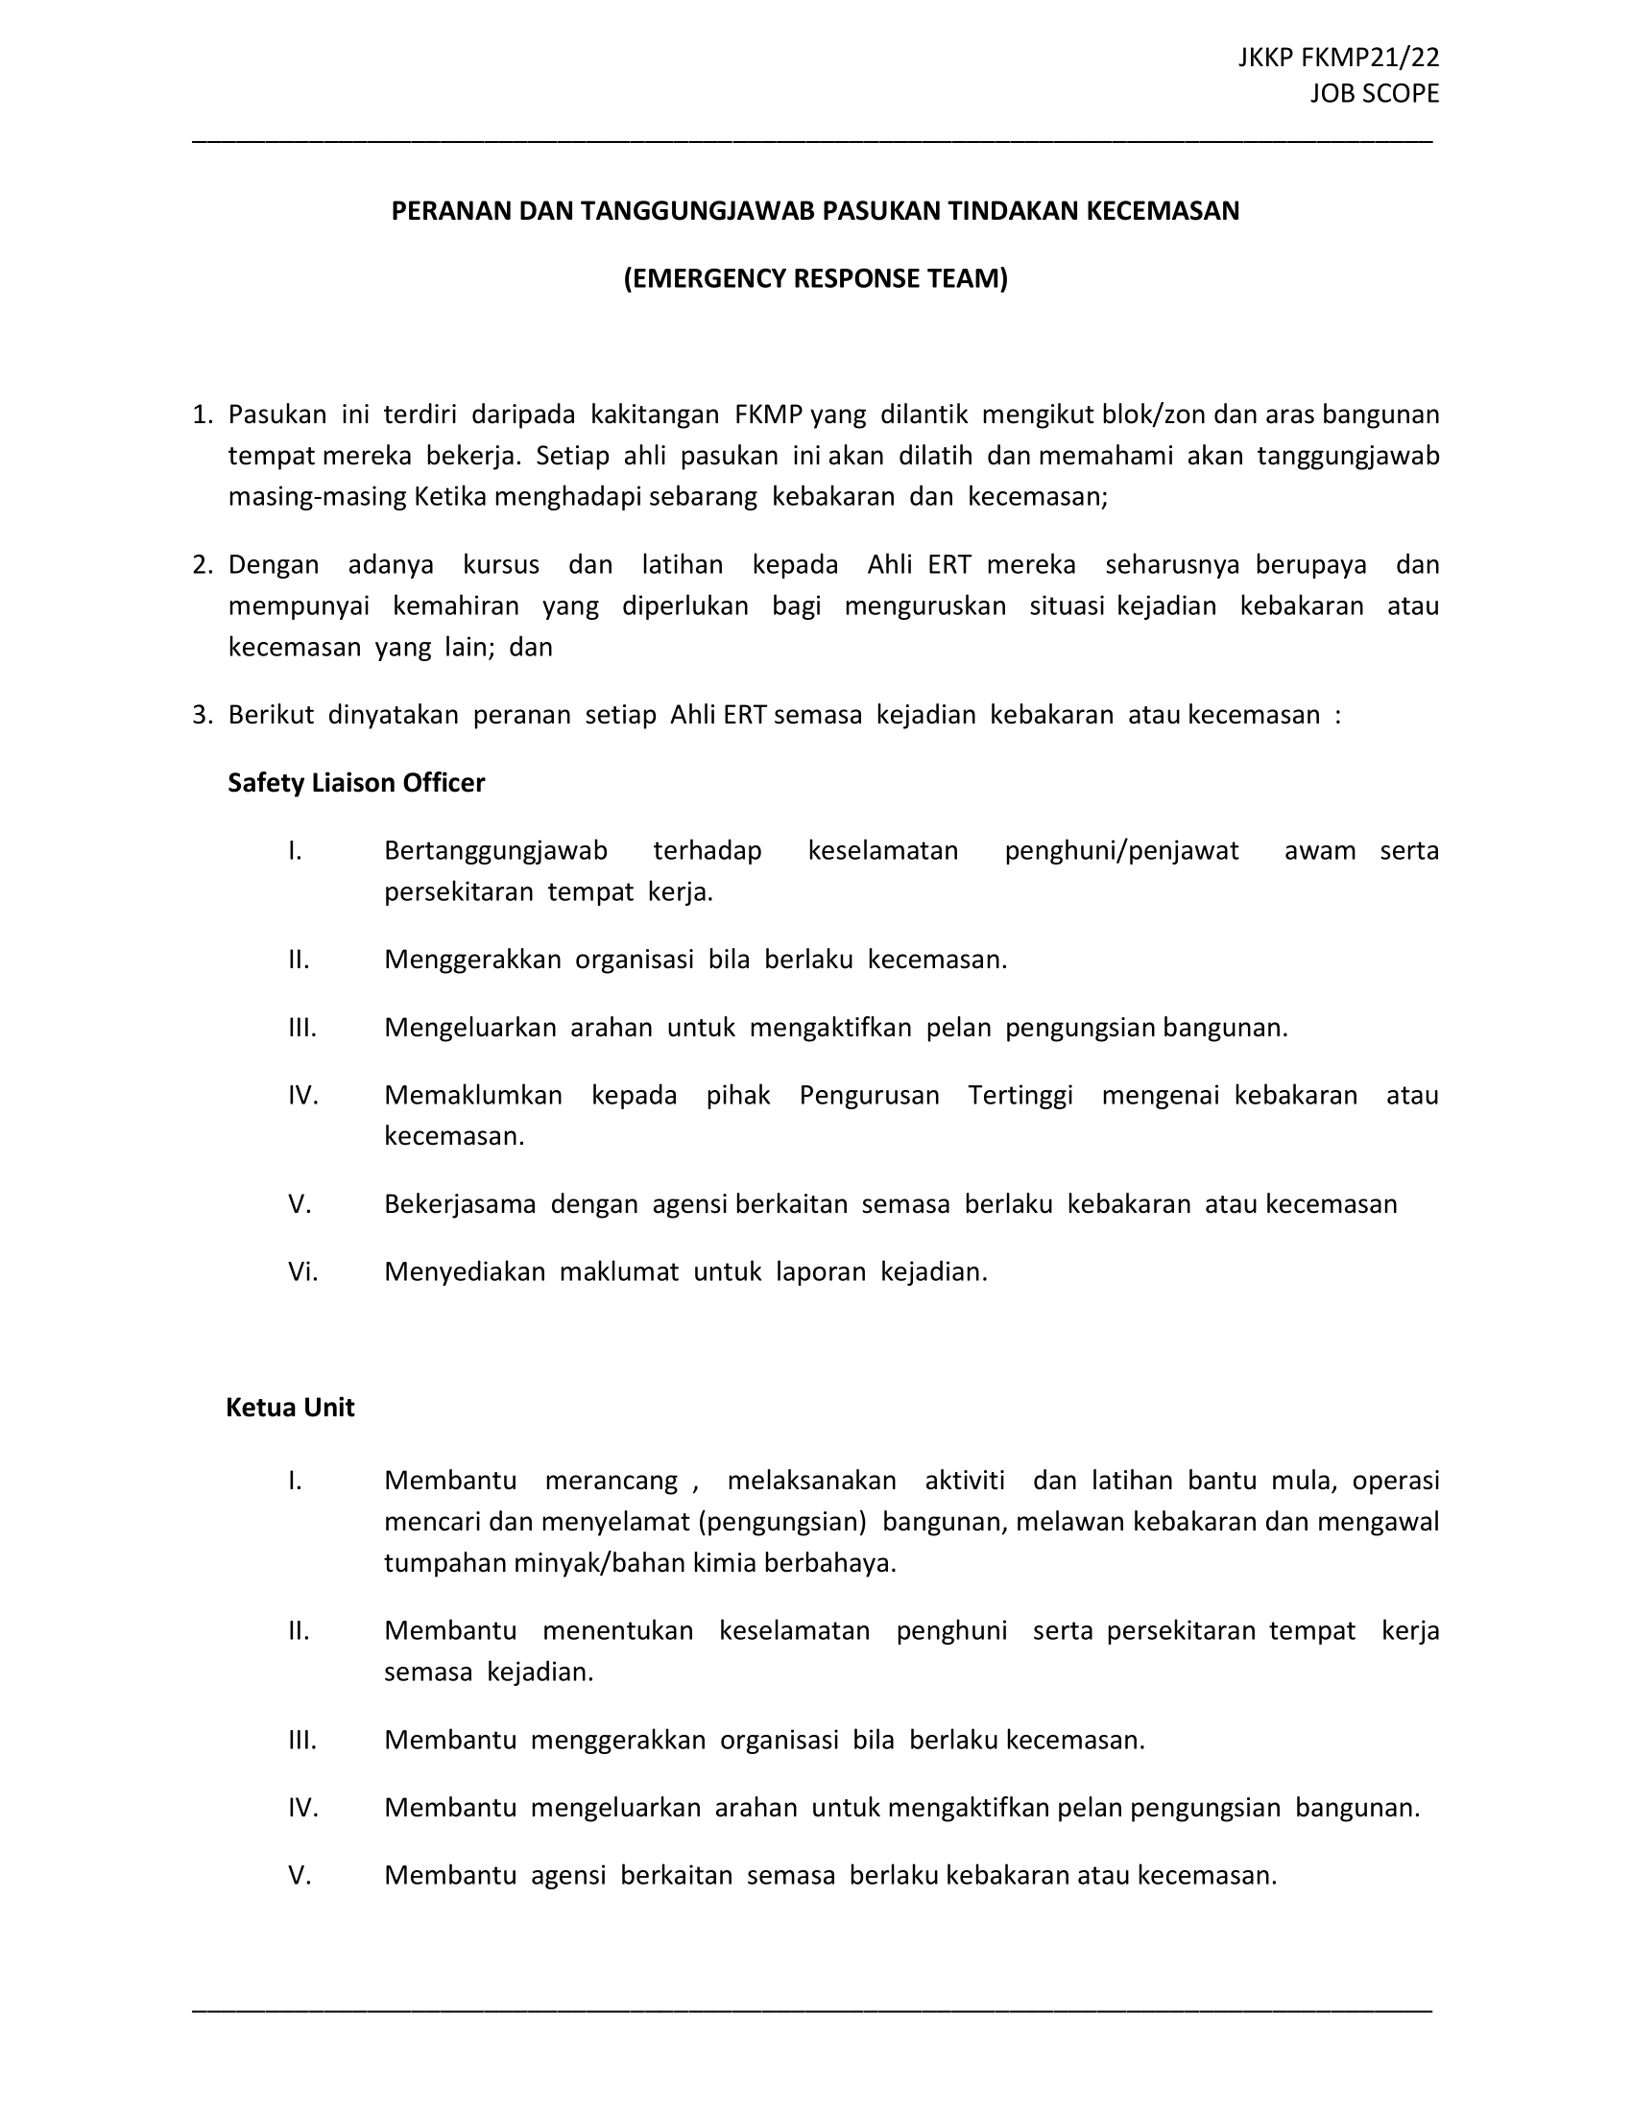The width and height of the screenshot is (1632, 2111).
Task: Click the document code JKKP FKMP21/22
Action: pyautogui.click(x=1338, y=58)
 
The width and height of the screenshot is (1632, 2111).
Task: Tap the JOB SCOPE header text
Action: pyautogui.click(x=1375, y=94)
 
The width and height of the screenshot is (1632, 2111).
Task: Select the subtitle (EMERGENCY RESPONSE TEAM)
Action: pyautogui.click(x=815, y=278)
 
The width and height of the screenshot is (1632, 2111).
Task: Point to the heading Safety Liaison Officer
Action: pyautogui.click(x=356, y=783)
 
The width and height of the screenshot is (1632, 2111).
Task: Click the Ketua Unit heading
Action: pyautogui.click(x=290, y=1408)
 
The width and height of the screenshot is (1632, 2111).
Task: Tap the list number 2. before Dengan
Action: pyautogui.click(x=202, y=565)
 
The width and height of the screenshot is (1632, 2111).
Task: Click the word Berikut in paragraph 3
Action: pyautogui.click(x=271, y=715)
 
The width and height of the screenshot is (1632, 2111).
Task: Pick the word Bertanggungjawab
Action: pyautogui.click(x=495, y=850)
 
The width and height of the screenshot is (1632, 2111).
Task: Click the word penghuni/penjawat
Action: pyautogui.click(x=1121, y=850)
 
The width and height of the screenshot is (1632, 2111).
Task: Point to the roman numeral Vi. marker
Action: pyautogui.click(x=302, y=1272)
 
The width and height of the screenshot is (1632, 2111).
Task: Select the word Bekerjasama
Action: pyautogui.click(x=460, y=1204)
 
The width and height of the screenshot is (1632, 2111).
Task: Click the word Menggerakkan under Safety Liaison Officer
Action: pyautogui.click(x=472, y=960)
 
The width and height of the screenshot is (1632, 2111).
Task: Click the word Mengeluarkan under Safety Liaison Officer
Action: pyautogui.click(x=469, y=1028)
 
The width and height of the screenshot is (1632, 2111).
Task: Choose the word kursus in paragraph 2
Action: pyautogui.click(x=501, y=565)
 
